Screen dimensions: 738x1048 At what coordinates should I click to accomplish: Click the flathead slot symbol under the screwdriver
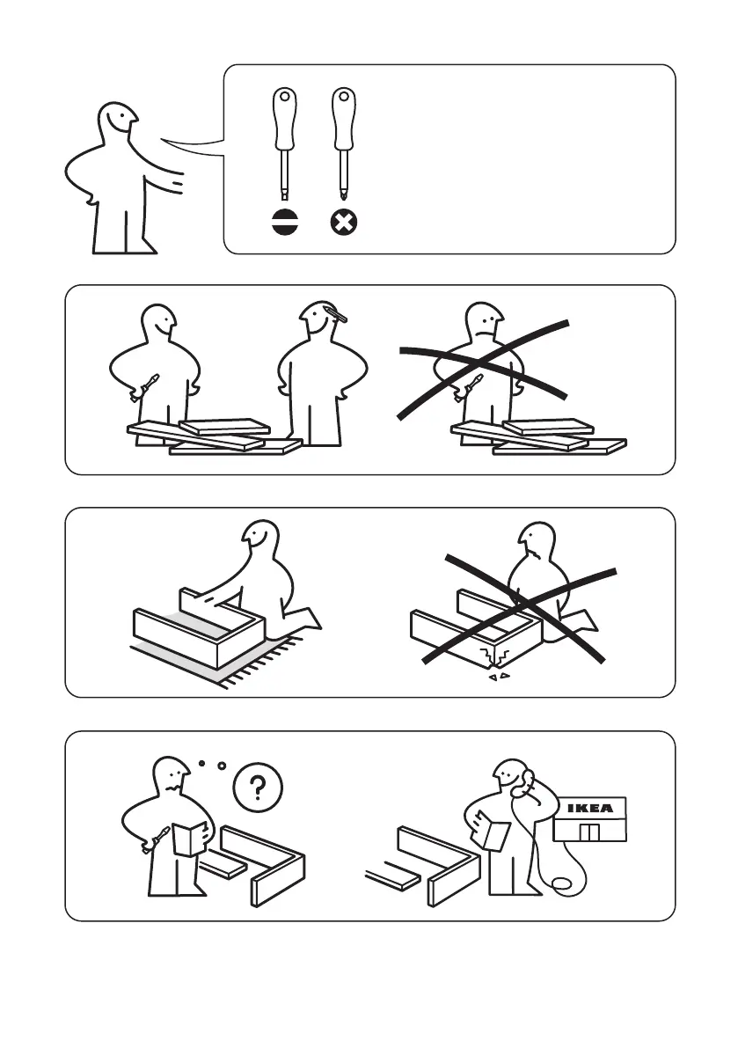[285, 222]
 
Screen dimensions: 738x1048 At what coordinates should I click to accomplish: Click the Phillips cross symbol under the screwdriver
[344, 222]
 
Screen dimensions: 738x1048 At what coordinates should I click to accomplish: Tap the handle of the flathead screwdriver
[284, 119]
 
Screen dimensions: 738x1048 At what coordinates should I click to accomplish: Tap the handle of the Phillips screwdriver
[343, 119]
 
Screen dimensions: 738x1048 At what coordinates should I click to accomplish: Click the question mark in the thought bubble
[258, 788]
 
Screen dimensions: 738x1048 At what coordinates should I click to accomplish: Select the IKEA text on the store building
[589, 808]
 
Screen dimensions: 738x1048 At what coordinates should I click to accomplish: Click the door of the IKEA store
[588, 832]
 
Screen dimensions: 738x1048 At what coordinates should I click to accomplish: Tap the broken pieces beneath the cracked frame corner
[498, 677]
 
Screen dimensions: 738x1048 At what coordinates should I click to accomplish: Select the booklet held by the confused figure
[189, 839]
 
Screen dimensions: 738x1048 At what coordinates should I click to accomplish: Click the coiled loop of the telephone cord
[566, 883]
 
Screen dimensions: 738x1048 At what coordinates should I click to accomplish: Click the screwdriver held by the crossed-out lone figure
[468, 388]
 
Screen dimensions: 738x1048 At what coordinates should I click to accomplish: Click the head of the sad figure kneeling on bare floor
[536, 540]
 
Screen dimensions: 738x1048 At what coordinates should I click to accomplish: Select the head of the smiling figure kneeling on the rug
[259, 537]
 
